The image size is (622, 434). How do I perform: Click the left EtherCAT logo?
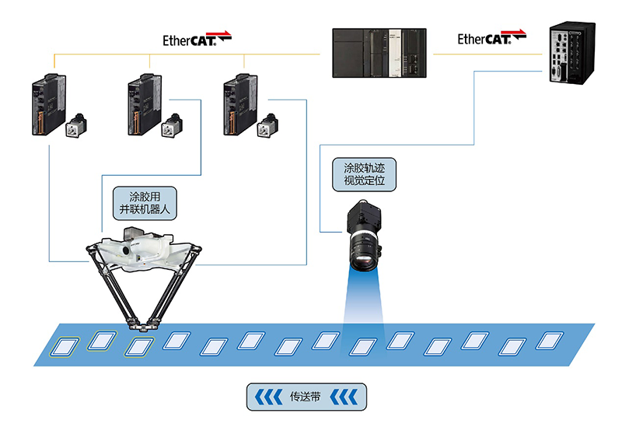[197, 38]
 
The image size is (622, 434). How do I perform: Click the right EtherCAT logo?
[491, 38]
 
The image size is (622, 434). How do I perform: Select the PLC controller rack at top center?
[380, 52]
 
